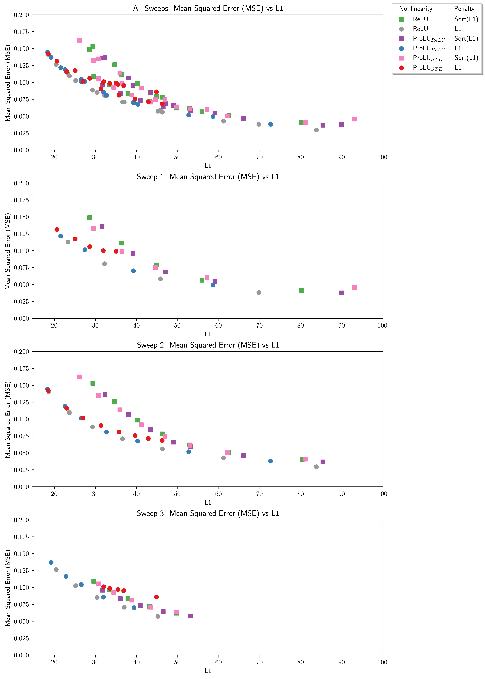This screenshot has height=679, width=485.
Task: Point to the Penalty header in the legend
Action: [x=464, y=9]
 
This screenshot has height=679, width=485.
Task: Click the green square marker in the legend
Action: [x=401, y=19]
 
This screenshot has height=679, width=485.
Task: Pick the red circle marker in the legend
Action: [x=401, y=68]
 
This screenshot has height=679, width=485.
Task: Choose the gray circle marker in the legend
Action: [x=401, y=29]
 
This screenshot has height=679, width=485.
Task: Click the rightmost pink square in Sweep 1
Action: [x=354, y=287]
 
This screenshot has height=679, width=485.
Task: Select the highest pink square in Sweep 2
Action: [x=79, y=377]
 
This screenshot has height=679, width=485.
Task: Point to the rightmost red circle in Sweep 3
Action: [x=156, y=597]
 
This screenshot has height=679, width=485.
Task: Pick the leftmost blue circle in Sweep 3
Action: [x=51, y=562]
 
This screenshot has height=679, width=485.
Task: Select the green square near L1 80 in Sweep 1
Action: [x=301, y=291]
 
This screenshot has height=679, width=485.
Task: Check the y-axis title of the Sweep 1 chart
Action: [x=8, y=251]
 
